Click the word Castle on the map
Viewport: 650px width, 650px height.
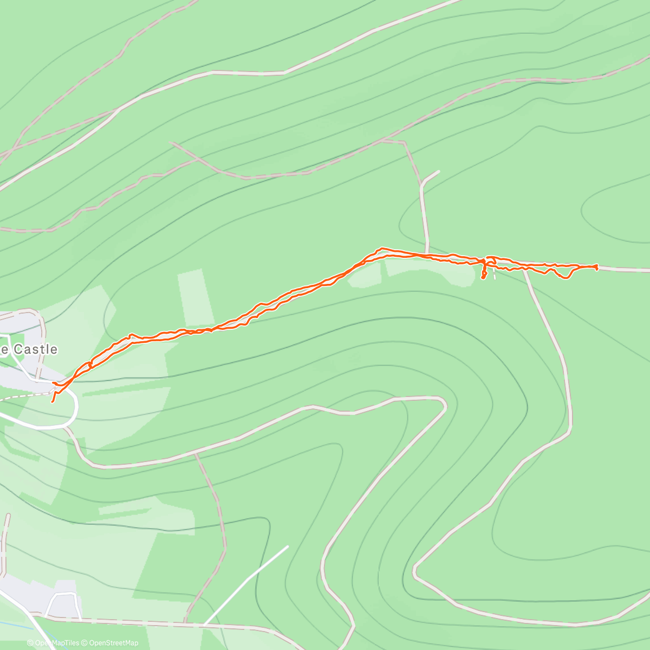[x=35, y=349]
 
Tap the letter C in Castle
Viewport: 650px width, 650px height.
[x=17, y=349]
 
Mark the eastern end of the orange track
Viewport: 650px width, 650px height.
[x=596, y=267]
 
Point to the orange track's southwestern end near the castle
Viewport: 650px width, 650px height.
[x=52, y=401]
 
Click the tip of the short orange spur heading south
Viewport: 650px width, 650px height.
[x=483, y=278]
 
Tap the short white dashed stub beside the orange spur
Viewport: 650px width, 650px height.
[x=494, y=275]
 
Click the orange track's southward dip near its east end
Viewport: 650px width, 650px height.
[x=565, y=277]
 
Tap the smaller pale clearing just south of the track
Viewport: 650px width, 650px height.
[x=364, y=277]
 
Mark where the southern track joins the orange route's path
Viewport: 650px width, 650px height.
[x=524, y=269]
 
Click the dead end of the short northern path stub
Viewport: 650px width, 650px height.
[x=439, y=172]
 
